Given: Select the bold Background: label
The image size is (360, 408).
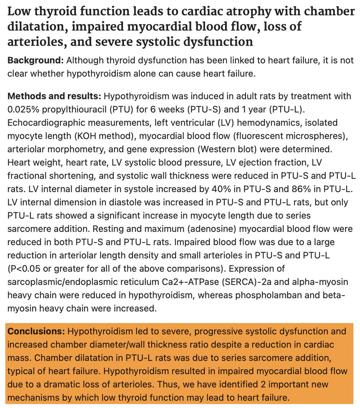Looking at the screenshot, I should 35,61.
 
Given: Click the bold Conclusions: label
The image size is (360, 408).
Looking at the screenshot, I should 36,331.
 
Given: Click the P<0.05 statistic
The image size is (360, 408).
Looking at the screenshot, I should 25,269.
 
